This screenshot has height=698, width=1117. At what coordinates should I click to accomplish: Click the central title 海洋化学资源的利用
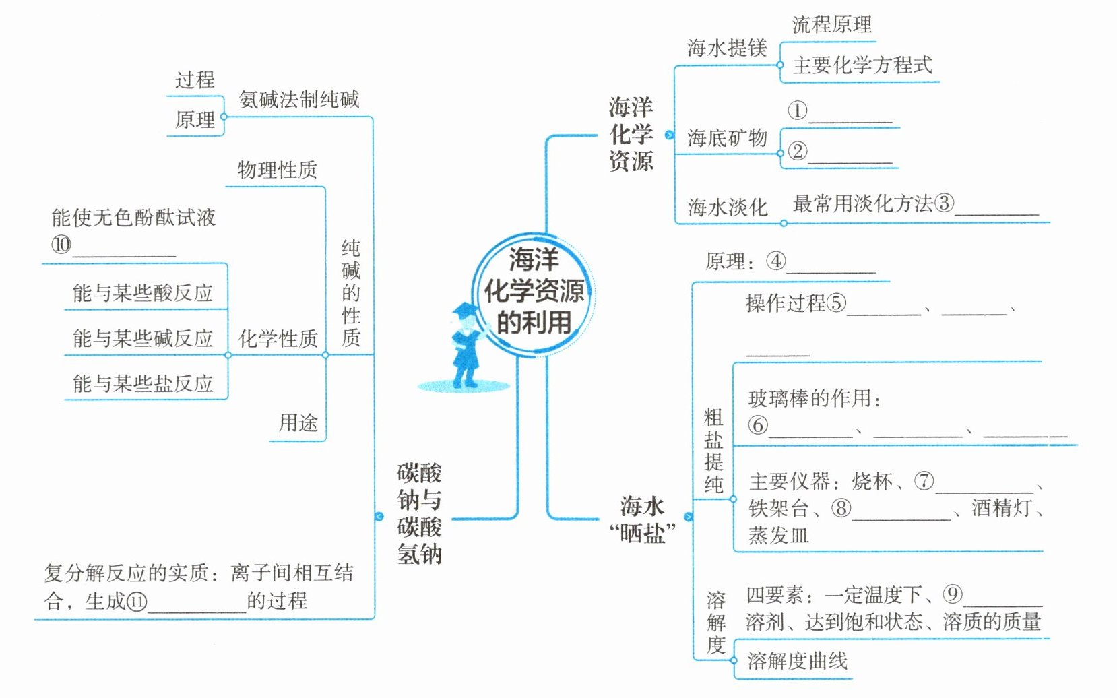click(534, 291)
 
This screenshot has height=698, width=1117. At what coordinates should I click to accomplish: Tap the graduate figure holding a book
click(466, 347)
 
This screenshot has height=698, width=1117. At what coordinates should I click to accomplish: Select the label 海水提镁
click(727, 48)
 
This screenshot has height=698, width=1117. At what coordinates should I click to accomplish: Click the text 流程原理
click(832, 25)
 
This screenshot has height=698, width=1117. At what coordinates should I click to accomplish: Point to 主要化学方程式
click(862, 65)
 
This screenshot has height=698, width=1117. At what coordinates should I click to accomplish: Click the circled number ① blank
click(798, 110)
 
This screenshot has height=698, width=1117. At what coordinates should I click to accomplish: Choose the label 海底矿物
click(727, 138)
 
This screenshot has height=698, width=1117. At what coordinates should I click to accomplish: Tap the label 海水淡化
click(727, 207)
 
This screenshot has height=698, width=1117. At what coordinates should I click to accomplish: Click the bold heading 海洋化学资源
click(631, 134)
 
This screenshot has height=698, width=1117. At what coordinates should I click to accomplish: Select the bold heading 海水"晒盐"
click(642, 519)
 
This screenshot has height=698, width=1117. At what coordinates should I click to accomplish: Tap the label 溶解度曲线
click(797, 661)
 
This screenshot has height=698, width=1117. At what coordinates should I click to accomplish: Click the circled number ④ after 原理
click(776, 261)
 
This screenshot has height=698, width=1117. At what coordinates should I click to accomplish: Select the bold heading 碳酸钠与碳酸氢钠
click(419, 513)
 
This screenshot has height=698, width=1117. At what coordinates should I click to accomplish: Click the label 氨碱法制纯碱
click(299, 100)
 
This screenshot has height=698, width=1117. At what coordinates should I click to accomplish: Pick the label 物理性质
click(277, 170)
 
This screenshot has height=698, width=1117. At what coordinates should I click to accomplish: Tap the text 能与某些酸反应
click(143, 293)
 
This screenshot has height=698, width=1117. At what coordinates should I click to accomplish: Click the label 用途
click(298, 423)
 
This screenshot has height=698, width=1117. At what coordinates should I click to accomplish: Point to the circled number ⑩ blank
click(61, 245)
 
